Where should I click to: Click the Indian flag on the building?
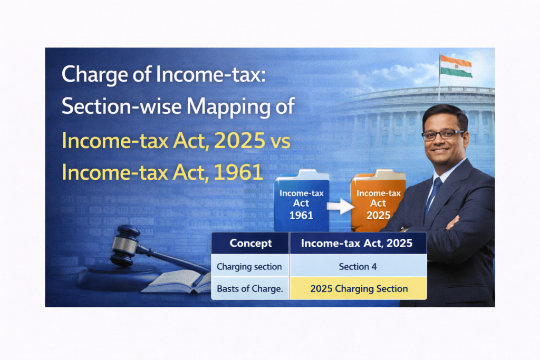[x=456, y=66]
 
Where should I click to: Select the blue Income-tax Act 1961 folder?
[x=301, y=201]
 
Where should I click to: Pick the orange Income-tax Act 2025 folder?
[x=378, y=201]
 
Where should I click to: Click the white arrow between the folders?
[x=340, y=206]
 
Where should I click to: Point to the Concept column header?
[x=250, y=243]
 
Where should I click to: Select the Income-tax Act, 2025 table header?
[x=357, y=244]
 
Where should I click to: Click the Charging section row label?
[x=249, y=267]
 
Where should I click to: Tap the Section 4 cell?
[x=358, y=266]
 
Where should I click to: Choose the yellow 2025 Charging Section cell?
[x=359, y=288]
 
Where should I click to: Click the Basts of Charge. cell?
[x=250, y=288]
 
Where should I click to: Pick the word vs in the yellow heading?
[x=281, y=142]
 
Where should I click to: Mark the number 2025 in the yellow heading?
[x=239, y=140]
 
